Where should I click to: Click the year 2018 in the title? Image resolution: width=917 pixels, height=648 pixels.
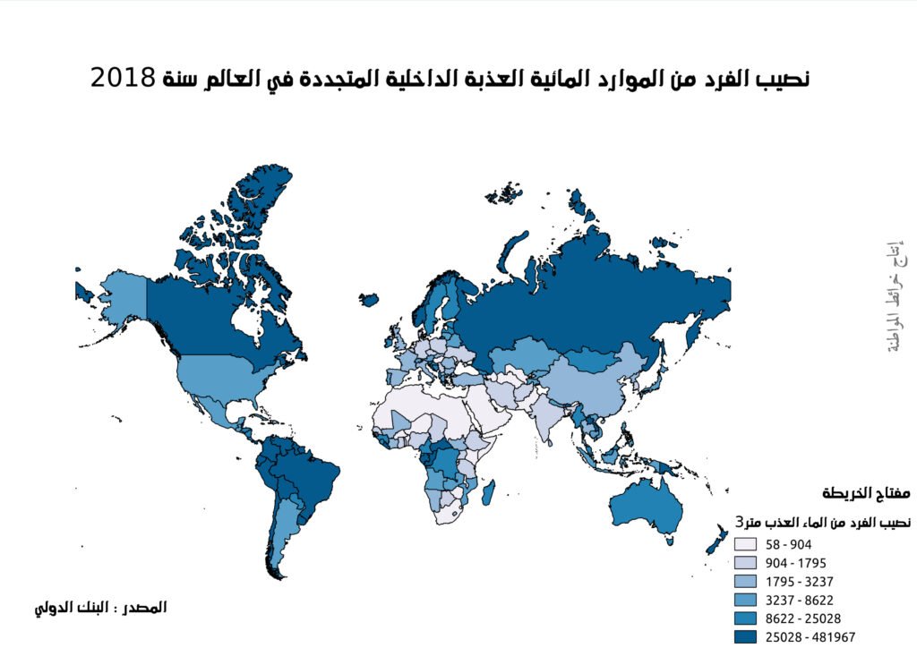click(x=124, y=78)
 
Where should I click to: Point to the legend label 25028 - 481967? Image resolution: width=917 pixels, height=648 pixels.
click(x=804, y=637)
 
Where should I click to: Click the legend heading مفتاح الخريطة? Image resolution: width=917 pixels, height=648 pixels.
click(x=866, y=494)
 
